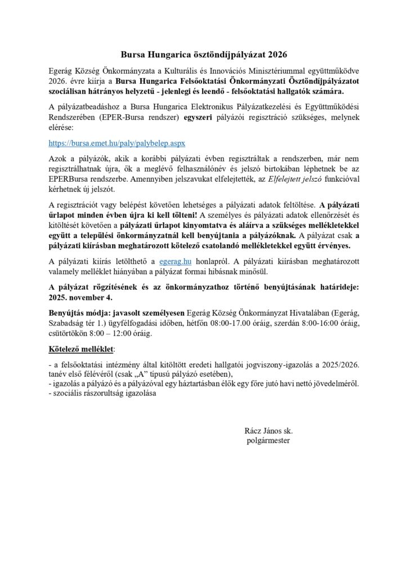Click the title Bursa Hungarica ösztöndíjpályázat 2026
click(x=204, y=55)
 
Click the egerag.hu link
click(x=174, y=261)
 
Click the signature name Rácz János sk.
click(x=268, y=430)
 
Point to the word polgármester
click(x=268, y=440)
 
